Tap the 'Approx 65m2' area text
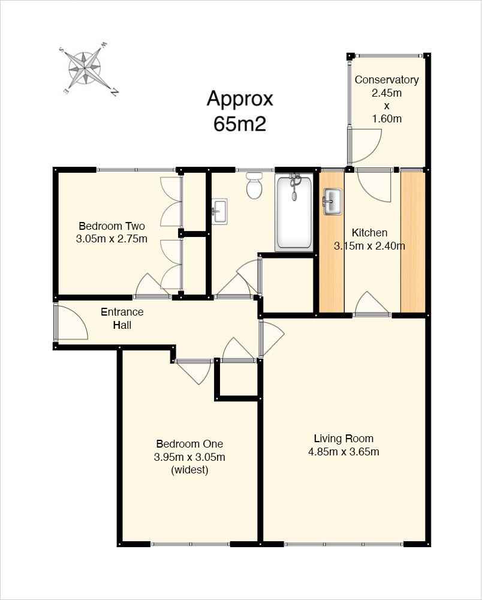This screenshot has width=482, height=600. pos(240,111)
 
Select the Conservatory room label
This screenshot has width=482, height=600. pos(387,80)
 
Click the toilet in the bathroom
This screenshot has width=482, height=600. pos(254,185)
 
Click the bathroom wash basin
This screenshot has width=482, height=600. pos(219,211)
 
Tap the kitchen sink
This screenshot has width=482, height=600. pos(333,202)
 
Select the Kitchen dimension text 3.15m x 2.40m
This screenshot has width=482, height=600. pos(369,245)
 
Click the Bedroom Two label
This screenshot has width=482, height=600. pos(112,226)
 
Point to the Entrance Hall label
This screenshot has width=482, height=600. pos(122,319)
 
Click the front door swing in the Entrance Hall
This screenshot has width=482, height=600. pos(72,322)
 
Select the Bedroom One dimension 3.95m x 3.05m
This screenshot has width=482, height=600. pos(189,457)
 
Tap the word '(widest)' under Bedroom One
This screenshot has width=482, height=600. pos(189,470)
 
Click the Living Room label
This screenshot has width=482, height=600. pos(344,439)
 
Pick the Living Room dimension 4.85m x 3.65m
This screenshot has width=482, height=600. pos(344,452)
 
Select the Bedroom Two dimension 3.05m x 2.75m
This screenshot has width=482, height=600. pos(112,239)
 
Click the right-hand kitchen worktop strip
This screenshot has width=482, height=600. pos(413,242)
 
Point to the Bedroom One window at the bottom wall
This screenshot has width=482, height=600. pos(191,544)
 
